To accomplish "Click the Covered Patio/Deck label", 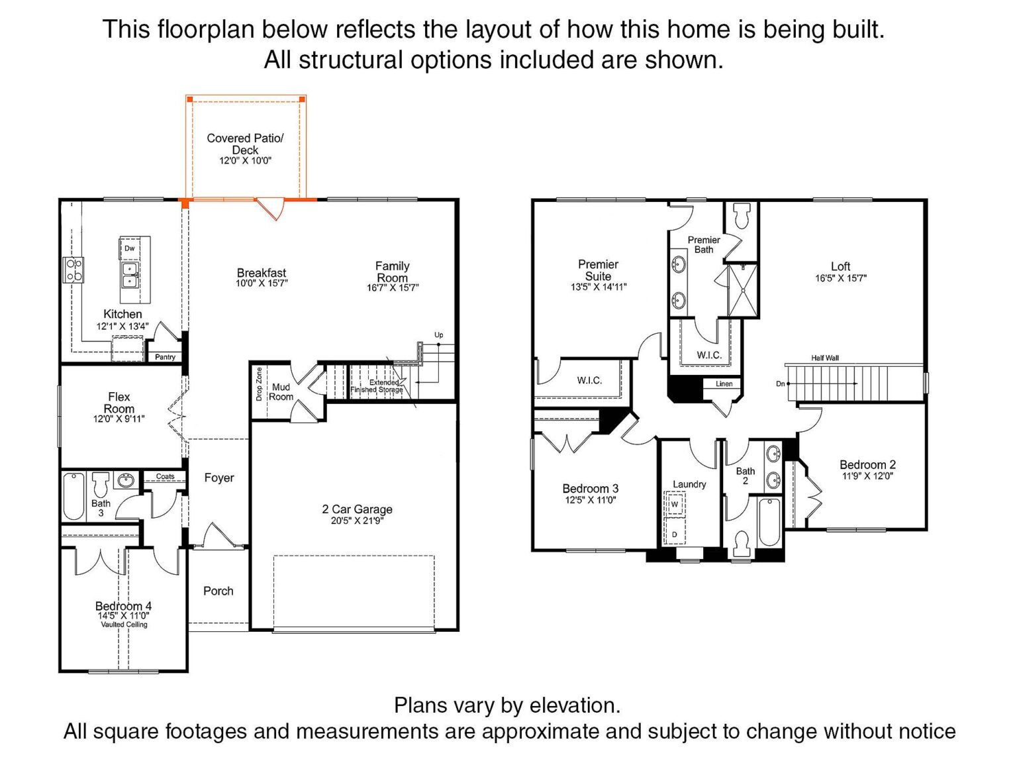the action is [x=244, y=144].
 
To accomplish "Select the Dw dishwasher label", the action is [x=129, y=248].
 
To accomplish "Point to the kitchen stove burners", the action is [x=73, y=270].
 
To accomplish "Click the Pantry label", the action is [x=165, y=357].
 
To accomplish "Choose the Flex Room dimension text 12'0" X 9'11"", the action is [x=119, y=419].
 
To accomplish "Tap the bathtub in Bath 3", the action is [x=73, y=496].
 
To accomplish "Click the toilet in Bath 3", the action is [x=101, y=484].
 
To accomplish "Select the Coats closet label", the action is [x=165, y=476].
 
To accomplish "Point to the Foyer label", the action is [x=219, y=478].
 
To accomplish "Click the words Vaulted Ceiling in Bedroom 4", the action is [x=124, y=625].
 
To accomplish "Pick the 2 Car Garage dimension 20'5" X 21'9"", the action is [x=358, y=520].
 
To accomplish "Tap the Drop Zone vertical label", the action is [x=259, y=384].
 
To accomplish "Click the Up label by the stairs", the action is [x=438, y=335].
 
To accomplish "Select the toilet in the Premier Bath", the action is [x=742, y=216].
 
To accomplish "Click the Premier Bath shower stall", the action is [x=743, y=291].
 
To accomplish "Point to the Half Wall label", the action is [x=825, y=358].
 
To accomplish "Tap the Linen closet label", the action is [x=724, y=383].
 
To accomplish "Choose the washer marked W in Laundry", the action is [x=675, y=504].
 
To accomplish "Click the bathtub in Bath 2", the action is [x=769, y=522].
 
